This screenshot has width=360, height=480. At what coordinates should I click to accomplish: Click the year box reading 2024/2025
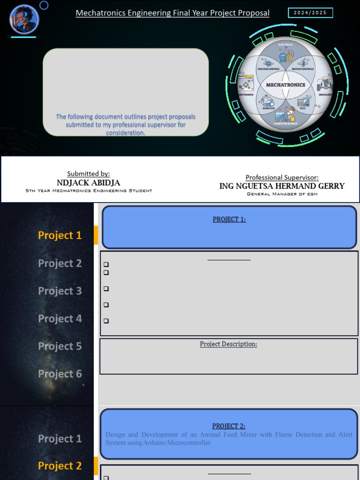coord(310,13)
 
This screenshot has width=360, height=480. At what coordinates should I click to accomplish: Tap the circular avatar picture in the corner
coord(24,19)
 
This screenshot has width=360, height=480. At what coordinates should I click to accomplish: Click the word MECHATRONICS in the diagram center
coord(285,85)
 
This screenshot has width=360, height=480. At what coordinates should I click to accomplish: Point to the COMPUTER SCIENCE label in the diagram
coord(285,123)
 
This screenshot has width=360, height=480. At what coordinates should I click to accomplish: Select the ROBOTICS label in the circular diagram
coord(268,108)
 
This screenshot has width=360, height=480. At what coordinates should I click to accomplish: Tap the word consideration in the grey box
coord(125,133)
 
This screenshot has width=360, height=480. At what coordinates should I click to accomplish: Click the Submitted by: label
coord(89,173)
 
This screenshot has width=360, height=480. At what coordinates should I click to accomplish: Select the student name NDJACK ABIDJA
coord(89,182)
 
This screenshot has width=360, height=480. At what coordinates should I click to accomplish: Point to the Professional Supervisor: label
coord(282,177)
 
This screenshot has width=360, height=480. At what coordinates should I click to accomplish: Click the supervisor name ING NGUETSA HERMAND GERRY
coord(282,186)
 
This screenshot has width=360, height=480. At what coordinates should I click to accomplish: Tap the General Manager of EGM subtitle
coord(282,194)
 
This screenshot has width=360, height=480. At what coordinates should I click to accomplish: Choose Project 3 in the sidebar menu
coord(60,291)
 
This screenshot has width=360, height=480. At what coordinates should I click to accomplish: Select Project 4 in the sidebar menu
coord(60,318)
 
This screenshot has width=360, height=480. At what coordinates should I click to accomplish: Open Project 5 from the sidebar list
coord(60,346)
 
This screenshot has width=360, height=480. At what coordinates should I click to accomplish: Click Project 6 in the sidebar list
coord(60,374)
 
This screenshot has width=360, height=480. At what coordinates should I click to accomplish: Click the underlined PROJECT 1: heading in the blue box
coord(229,219)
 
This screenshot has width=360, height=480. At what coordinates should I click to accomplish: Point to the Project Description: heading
coord(228,344)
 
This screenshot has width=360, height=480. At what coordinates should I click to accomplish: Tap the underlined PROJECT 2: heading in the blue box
coord(229,426)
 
